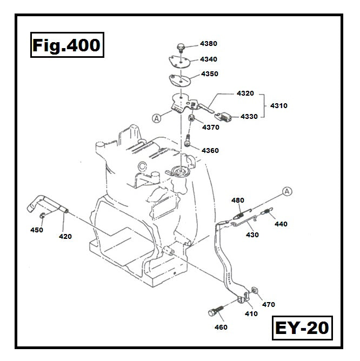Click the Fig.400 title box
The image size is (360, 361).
65,45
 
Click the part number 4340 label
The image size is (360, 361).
209,59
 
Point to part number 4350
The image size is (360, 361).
210,74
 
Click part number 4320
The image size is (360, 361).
245,93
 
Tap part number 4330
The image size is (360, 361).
249,116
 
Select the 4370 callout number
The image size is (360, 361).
210,128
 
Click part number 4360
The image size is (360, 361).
210,150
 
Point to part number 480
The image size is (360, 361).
238,200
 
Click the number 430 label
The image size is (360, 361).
252,235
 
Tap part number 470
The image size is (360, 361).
269,304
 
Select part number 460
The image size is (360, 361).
221,327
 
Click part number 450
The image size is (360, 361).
37,230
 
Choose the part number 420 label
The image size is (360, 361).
65,236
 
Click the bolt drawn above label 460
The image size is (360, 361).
215,312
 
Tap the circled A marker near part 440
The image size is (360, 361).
286,191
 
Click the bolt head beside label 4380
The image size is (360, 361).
182,49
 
